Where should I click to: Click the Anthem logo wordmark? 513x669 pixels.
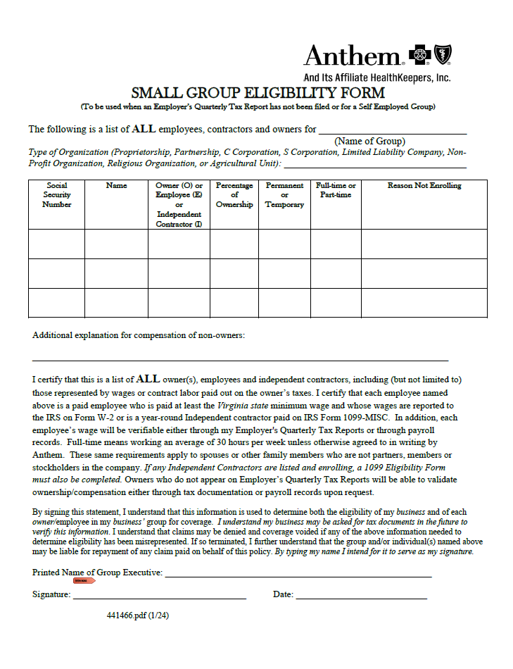(x=352, y=56)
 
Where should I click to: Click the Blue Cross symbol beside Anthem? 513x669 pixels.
(x=420, y=54)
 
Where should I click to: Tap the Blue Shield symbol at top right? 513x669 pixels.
(x=443, y=54)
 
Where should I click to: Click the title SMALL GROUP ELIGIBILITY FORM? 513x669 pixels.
(x=258, y=93)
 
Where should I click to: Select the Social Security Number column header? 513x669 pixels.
(x=56, y=195)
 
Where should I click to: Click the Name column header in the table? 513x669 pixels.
(x=116, y=186)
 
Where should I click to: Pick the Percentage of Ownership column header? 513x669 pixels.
(x=234, y=195)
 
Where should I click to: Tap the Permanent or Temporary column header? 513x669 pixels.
(x=284, y=195)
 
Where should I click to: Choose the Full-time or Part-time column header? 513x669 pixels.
(x=336, y=190)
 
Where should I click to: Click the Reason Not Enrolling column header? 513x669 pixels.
(x=424, y=186)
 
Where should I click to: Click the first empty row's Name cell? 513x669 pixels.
(x=116, y=244)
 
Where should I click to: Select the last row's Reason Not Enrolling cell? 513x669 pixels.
(x=424, y=303)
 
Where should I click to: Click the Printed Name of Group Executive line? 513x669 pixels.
(x=298, y=573)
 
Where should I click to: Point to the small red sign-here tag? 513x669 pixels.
(x=84, y=580)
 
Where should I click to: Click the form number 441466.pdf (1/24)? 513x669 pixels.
(x=138, y=615)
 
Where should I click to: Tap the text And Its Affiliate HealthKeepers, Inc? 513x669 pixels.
(x=376, y=77)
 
